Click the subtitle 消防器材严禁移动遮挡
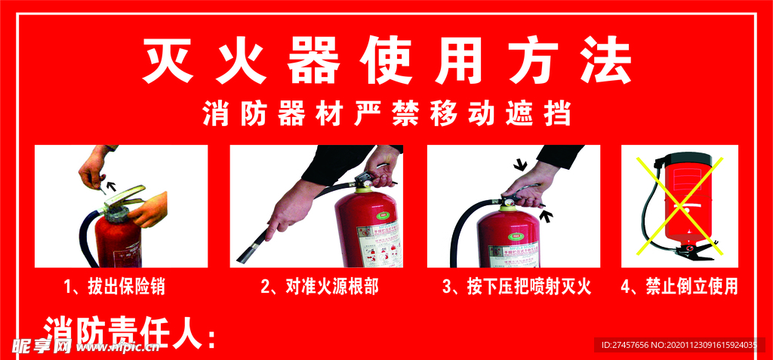[x=386, y=114]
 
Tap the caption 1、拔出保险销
[x=115, y=287]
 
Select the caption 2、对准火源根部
[x=319, y=287]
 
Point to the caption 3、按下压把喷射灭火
[x=516, y=287]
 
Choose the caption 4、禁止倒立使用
[x=679, y=287]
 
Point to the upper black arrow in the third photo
[x=519, y=165]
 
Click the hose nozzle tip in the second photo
[x=243, y=257]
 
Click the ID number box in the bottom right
[x=678, y=345]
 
